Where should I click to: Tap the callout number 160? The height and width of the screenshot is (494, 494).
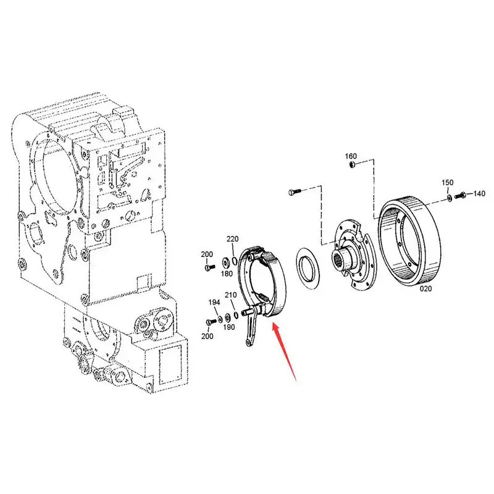(350, 155)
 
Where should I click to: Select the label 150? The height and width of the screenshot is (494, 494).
(448, 183)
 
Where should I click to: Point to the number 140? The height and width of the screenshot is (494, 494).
(479, 194)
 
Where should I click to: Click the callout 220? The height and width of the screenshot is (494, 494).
(232, 239)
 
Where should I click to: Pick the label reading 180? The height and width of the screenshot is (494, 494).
(227, 274)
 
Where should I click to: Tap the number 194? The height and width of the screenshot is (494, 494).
(214, 303)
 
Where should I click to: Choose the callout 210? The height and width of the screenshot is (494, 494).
(230, 295)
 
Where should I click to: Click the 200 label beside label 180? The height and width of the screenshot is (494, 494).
(206, 254)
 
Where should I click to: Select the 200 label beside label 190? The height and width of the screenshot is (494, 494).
(207, 336)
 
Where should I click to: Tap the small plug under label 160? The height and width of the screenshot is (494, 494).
(351, 165)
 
